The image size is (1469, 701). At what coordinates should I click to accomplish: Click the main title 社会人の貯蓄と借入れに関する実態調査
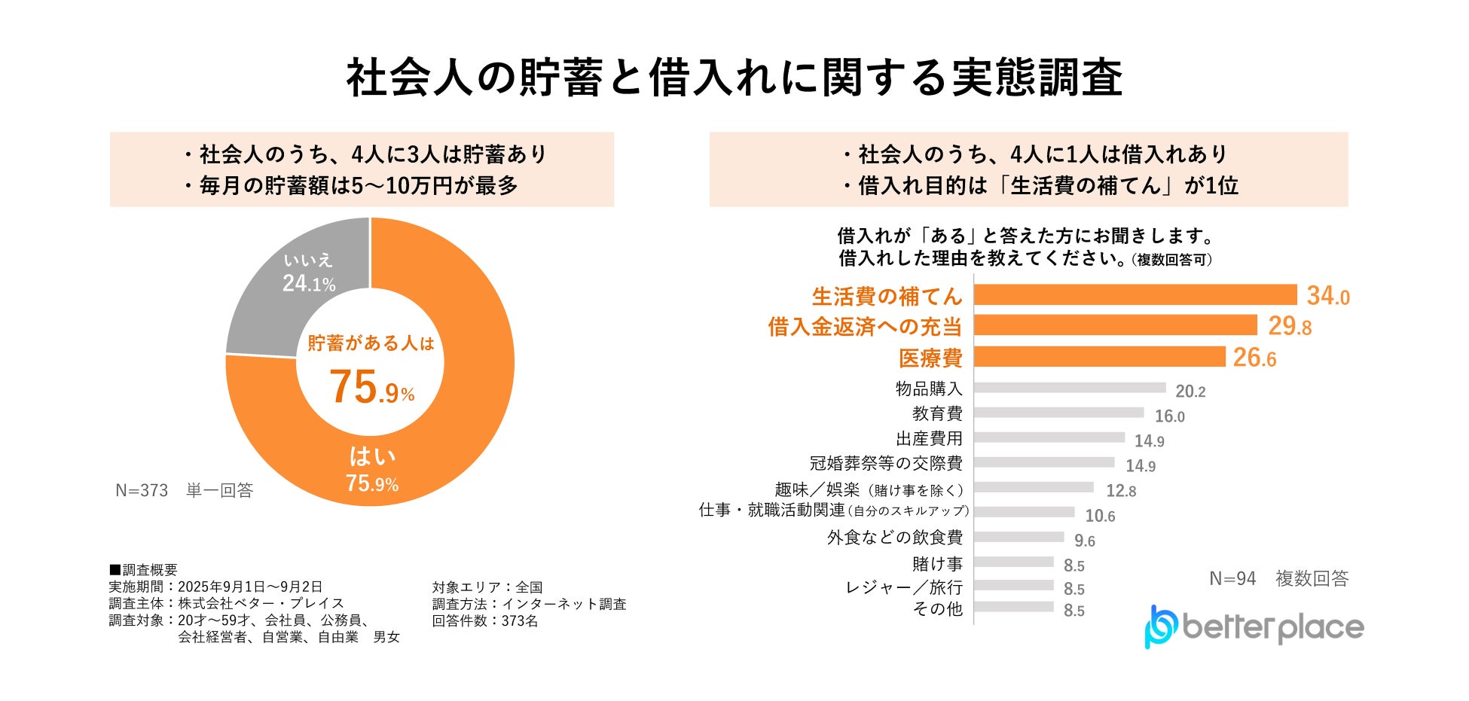(734, 78)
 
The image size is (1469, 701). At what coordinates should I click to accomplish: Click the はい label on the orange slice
(372, 456)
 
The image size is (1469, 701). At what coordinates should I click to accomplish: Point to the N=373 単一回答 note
(184, 491)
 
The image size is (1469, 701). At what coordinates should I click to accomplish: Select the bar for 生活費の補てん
(1135, 294)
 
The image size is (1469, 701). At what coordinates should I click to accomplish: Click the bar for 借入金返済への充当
(1115, 325)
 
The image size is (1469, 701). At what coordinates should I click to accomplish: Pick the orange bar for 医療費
(1099, 356)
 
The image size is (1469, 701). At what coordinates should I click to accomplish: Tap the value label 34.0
(1327, 296)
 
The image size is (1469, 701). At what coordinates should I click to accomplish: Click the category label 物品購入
(929, 389)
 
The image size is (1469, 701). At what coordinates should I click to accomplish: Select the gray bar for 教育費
(1058, 413)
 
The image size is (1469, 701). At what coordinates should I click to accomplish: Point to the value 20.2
(1190, 392)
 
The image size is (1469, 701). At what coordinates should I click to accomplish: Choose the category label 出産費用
(929, 438)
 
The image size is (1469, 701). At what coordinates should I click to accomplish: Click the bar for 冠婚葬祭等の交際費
(1043, 462)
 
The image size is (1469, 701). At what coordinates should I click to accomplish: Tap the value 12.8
(1121, 491)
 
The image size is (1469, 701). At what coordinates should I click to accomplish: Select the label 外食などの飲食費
(894, 537)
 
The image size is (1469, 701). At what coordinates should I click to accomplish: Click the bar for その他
(1013, 607)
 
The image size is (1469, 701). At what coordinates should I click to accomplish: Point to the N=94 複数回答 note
(1278, 578)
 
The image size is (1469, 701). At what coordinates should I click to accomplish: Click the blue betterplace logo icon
(1160, 626)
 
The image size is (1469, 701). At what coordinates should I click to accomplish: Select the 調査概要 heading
(144, 570)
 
